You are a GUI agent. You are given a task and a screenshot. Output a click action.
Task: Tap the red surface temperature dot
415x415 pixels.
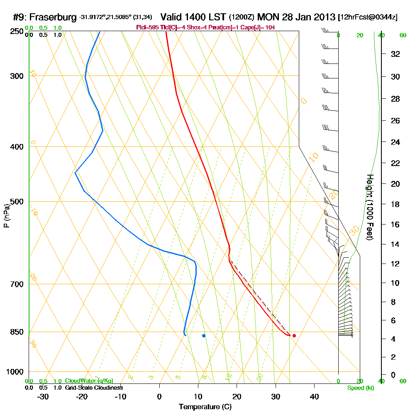(294, 335)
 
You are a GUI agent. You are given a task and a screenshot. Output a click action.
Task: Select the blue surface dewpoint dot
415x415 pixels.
(204, 335)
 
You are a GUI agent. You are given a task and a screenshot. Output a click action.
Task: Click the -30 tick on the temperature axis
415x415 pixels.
(43, 396)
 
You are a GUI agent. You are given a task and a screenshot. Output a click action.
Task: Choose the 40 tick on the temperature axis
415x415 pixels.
(314, 396)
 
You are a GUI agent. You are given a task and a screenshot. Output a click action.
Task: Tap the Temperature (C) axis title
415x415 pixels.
(205, 407)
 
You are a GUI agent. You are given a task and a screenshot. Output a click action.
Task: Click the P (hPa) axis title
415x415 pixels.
(6, 215)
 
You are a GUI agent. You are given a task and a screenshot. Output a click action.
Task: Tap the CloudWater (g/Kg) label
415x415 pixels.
(89, 381)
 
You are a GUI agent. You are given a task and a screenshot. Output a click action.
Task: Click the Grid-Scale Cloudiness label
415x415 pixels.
(94, 388)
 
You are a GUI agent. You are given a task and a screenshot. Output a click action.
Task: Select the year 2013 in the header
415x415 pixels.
(322, 17)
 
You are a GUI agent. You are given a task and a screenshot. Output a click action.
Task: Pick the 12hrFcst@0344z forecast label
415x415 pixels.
(368, 17)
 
